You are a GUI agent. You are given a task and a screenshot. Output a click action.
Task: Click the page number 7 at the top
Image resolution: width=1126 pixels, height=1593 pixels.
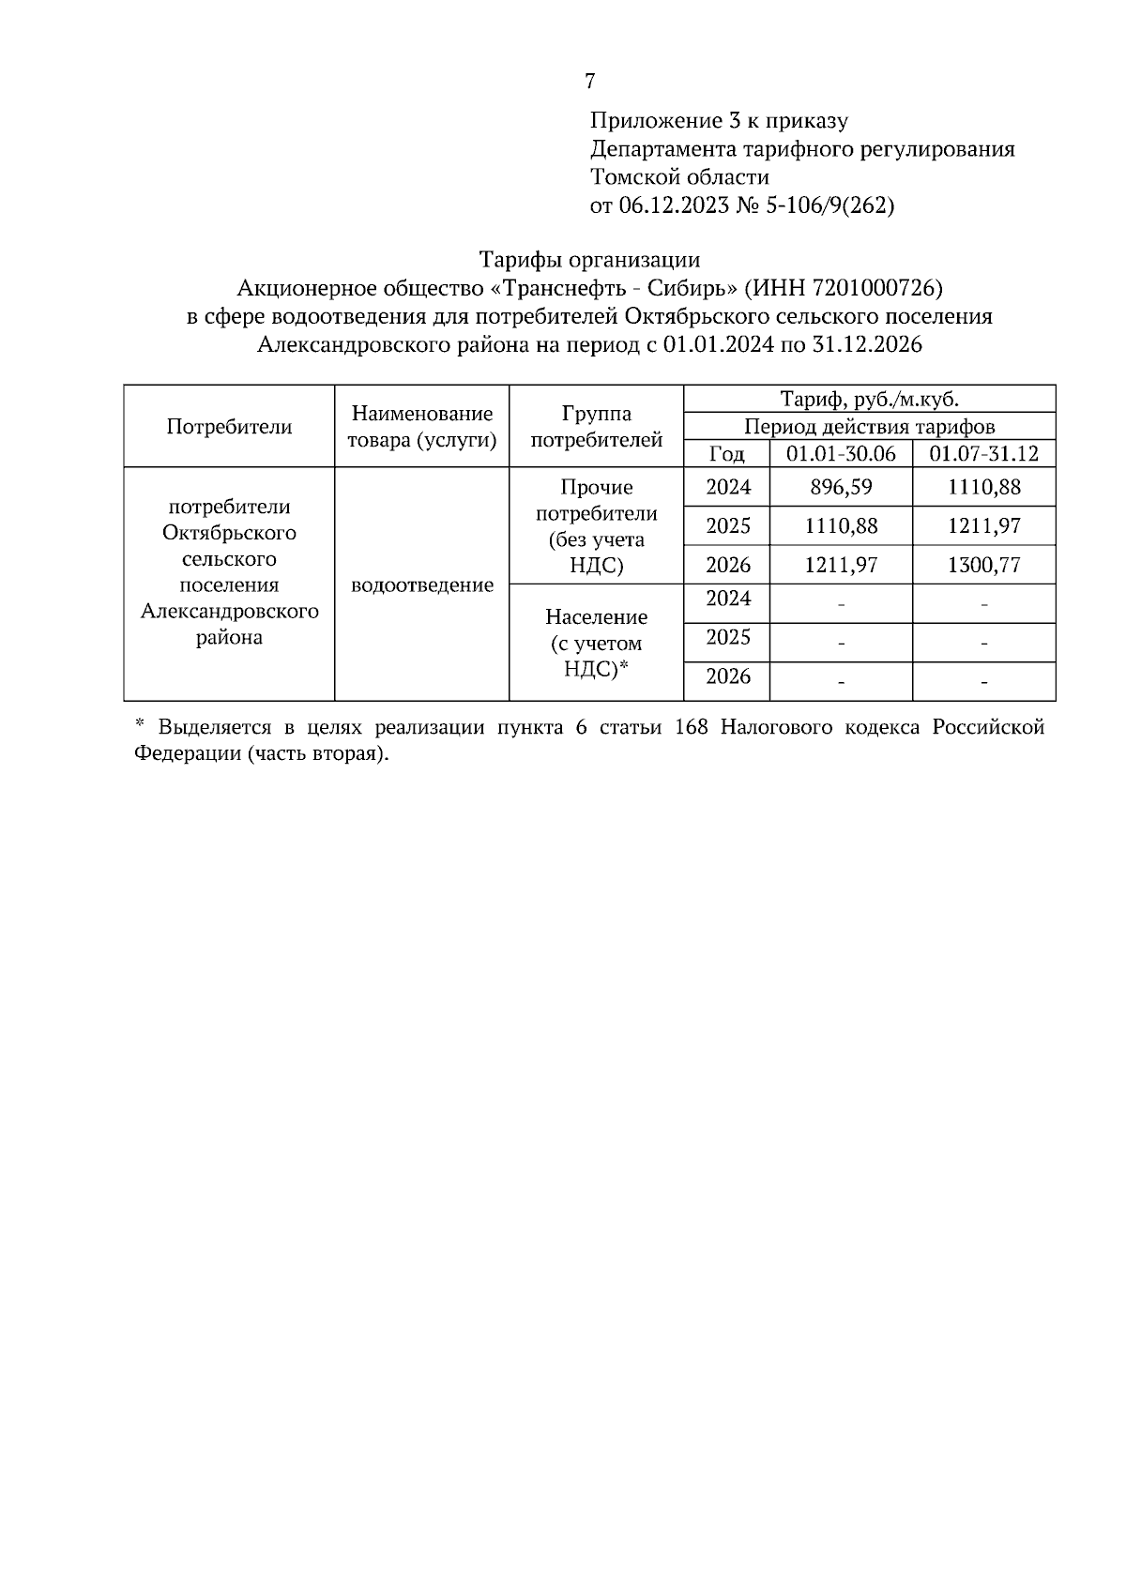(x=589, y=82)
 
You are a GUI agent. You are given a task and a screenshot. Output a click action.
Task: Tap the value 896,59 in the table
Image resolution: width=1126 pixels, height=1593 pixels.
(x=841, y=488)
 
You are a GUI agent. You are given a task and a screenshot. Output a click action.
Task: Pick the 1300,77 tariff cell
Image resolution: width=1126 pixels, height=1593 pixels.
(x=983, y=565)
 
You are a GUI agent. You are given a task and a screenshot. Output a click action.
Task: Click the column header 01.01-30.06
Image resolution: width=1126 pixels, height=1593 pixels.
(x=841, y=454)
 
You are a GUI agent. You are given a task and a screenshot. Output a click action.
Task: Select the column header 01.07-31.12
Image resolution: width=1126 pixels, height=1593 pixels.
(x=983, y=454)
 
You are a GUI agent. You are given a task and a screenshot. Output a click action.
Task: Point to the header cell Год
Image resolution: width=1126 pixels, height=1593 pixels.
(x=726, y=454)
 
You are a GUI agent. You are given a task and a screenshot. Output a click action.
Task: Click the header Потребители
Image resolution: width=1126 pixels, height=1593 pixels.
(x=229, y=427)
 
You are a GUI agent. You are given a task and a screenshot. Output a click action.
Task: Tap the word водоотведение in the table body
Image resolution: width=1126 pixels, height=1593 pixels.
(x=421, y=585)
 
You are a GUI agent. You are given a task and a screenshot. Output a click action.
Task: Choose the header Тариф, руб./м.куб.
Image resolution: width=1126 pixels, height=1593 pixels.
(x=869, y=400)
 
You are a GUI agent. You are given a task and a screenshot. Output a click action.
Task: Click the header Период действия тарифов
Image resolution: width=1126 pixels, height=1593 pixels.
(x=869, y=427)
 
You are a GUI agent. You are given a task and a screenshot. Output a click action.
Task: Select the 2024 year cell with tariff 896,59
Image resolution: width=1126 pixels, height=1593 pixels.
(x=728, y=488)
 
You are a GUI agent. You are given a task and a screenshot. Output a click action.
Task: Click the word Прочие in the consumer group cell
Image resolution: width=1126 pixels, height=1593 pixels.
(x=596, y=488)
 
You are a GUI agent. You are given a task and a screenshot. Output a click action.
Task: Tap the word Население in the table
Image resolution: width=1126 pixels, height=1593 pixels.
(x=596, y=617)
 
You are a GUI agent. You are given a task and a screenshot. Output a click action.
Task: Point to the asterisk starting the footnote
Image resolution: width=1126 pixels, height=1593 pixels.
(x=140, y=724)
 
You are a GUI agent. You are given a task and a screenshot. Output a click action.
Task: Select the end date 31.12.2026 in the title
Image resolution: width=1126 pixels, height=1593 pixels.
(x=867, y=344)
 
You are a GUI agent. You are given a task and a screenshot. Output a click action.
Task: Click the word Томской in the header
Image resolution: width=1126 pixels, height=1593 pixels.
(x=633, y=177)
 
